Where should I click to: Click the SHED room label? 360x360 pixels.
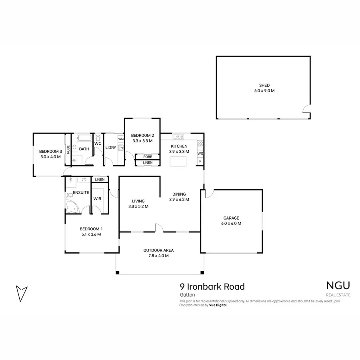pyautogui.click(x=264, y=85)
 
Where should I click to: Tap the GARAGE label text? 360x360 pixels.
pyautogui.click(x=231, y=218)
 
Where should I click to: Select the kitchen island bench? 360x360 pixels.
pyautogui.click(x=178, y=162)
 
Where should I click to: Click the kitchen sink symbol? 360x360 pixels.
pyautogui.click(x=178, y=137)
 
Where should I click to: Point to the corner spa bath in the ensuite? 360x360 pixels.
pyautogui.click(x=72, y=207)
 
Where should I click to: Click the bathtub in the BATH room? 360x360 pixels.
pyautogui.click(x=84, y=138)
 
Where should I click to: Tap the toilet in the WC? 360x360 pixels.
pyautogui.click(x=98, y=137)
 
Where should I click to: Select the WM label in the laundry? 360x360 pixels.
pyautogui.click(x=121, y=139)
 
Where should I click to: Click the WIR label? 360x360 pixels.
pyautogui.click(x=97, y=199)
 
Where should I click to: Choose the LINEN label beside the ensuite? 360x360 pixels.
pyautogui.click(x=100, y=180)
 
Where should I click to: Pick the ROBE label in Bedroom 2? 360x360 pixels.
pyautogui.click(x=148, y=157)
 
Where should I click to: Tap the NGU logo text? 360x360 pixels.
pyautogui.click(x=338, y=286)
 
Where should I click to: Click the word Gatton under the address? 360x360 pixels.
pyautogui.click(x=187, y=295)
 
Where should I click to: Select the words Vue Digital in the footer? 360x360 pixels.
pyautogui.click(x=218, y=305)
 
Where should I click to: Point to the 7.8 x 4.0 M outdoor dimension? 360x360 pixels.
pyautogui.click(x=158, y=256)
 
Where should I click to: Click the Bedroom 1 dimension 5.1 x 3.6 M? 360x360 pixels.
pyautogui.click(x=91, y=234)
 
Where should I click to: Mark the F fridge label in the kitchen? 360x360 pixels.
pyautogui.click(x=200, y=162)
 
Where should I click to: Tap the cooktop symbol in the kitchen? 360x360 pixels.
pyautogui.click(x=200, y=144)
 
